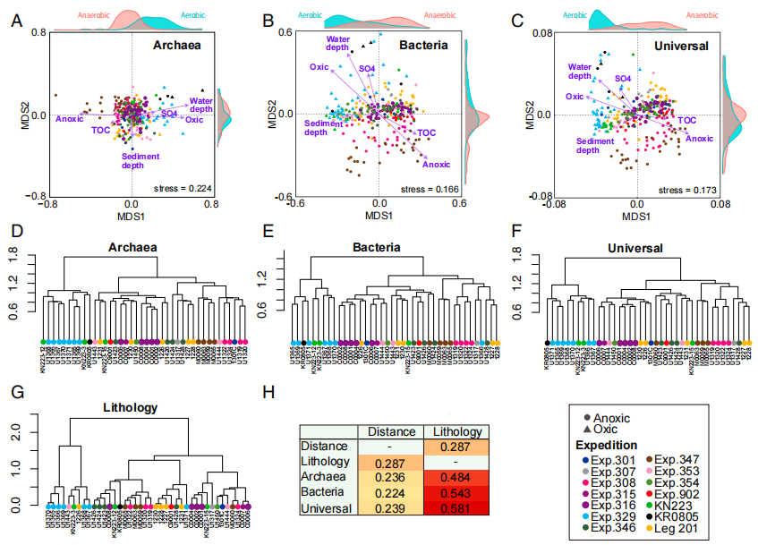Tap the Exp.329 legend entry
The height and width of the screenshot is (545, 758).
click(x=616, y=517)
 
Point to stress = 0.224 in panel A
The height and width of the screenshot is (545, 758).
click(x=179, y=189)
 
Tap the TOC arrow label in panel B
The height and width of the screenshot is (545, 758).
click(x=427, y=132)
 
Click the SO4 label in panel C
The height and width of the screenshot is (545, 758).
click(x=623, y=80)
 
